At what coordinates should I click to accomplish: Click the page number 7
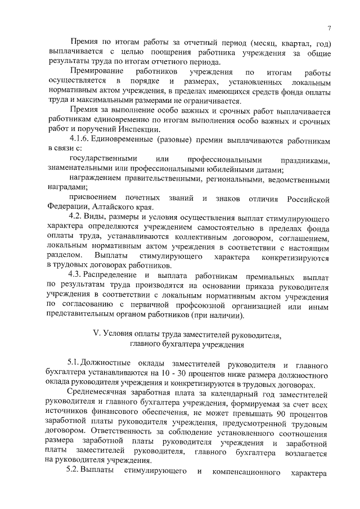[x=329, y=30]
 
